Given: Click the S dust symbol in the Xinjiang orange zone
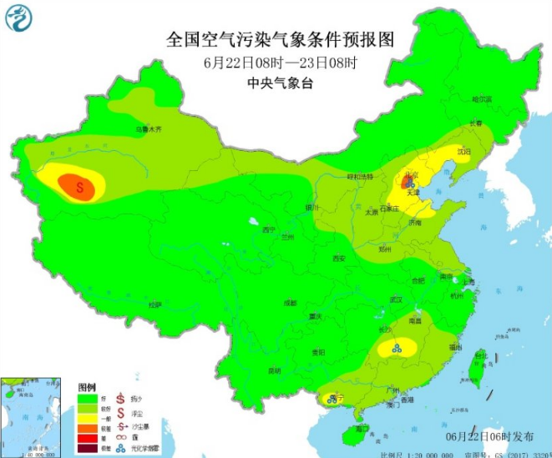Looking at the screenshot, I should pyautogui.click(x=81, y=187).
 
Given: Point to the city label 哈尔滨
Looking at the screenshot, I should pyautogui.click(x=482, y=99).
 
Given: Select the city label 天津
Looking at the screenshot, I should pyautogui.click(x=413, y=193).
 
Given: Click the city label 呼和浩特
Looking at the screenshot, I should pyautogui.click(x=361, y=177).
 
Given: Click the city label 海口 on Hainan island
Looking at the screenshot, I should pyautogui.click(x=362, y=428).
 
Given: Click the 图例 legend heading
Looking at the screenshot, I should pyautogui.click(x=88, y=389).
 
